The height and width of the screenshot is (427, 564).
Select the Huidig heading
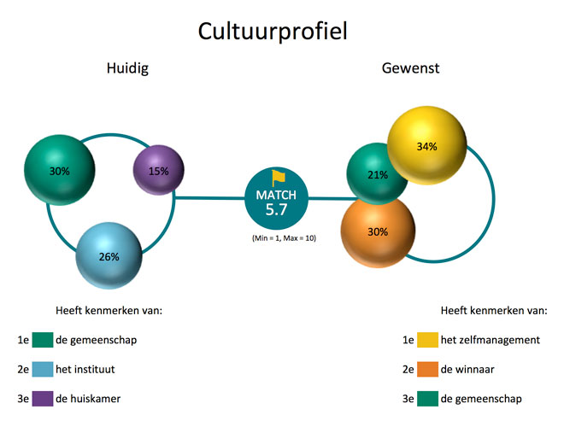tap(127, 68)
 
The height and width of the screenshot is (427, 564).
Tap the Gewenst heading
tap(410, 68)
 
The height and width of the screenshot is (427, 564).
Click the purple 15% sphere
tap(159, 171)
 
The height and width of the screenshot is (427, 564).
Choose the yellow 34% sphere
tap(427, 146)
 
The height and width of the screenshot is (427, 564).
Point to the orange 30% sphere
tap(378, 231)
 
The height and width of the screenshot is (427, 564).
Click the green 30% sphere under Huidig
tap(59, 170)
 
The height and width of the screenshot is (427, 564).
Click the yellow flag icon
tap(279, 178)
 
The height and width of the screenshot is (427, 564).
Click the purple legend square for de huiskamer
tap(43, 399)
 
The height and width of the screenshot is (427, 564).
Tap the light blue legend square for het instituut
tap(43, 369)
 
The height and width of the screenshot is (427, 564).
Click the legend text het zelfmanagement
tap(491, 340)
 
